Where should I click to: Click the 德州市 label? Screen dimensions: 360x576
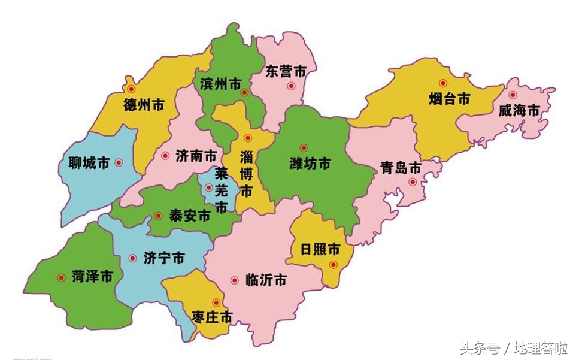144,105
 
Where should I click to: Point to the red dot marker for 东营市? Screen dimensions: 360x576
291,86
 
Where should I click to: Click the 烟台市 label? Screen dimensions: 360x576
449,99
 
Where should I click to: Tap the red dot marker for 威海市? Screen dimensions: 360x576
513,95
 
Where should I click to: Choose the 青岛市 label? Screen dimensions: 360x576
401,167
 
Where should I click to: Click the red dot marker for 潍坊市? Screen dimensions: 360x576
304,148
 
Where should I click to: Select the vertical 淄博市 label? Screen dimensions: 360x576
245,174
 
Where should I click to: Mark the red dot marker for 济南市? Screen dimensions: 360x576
165,156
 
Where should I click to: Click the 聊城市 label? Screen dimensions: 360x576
89,162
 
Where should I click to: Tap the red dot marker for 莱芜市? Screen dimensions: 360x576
208,187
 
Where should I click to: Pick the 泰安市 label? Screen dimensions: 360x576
190,216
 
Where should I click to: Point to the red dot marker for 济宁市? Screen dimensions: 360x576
132,259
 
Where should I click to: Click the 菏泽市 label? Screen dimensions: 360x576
92,277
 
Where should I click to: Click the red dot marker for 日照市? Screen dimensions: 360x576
334,265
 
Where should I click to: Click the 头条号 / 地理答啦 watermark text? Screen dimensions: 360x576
513,347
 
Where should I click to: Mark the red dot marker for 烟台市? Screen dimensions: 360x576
443,83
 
